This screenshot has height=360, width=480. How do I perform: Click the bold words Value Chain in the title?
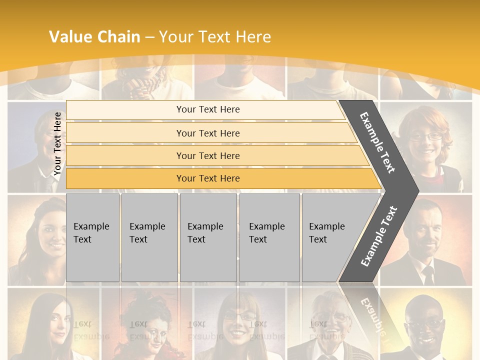(94, 37)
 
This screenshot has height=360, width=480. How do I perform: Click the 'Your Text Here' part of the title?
(215, 37)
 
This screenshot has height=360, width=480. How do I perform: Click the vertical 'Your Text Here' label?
(58, 144)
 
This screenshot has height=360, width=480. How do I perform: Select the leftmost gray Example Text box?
(92, 237)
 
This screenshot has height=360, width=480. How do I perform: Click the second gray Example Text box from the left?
(149, 237)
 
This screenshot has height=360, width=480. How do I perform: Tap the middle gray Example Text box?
(208, 237)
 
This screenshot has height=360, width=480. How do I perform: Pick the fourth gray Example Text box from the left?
(269, 237)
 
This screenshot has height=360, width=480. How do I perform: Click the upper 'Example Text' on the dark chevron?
(378, 142)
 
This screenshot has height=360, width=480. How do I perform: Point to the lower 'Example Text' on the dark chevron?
(379, 236)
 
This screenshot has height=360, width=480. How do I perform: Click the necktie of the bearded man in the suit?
(428, 274)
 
